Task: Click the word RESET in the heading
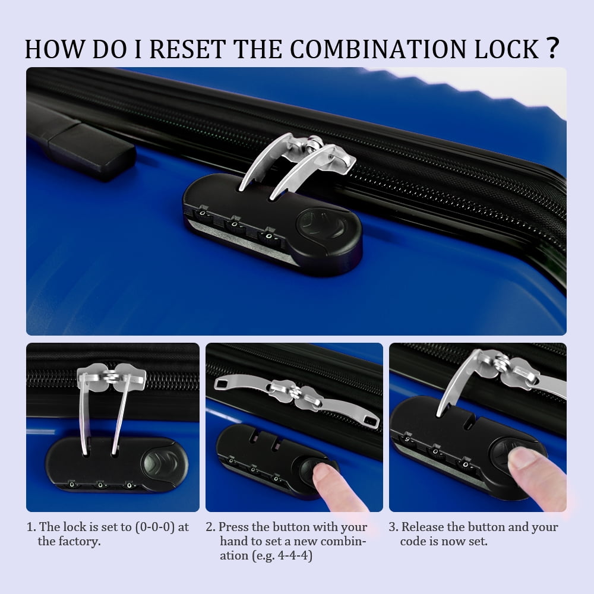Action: [188, 49]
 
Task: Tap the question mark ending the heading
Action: [552, 48]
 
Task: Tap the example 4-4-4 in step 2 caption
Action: [294, 556]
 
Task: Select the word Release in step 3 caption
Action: [422, 527]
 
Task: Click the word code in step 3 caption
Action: [413, 541]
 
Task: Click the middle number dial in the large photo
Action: [235, 225]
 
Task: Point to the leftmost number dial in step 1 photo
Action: [72, 484]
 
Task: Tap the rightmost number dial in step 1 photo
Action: [129, 485]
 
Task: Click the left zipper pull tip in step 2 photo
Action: [220, 384]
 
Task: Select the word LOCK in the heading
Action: [507, 49]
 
